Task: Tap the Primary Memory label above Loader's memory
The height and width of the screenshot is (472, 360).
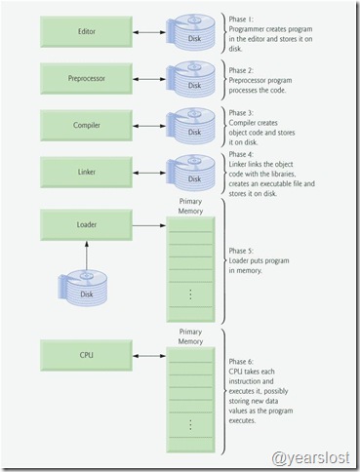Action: (x=191, y=205)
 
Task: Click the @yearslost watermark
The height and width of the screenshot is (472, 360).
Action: (x=310, y=455)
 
